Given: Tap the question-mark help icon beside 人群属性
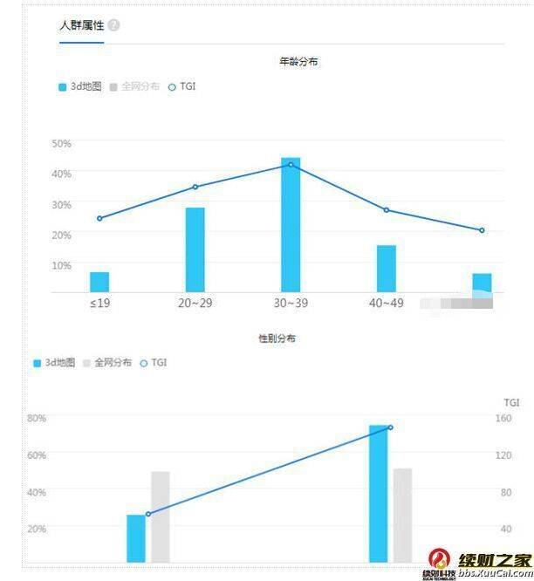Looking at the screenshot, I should pos(114,25).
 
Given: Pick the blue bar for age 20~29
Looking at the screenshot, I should pos(195,249).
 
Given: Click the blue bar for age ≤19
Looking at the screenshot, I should pos(99,282).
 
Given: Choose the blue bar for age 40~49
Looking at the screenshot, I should pos(387,269).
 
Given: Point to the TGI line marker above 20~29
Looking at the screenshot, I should pos(195,187).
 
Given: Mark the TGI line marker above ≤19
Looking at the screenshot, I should pos(99,218).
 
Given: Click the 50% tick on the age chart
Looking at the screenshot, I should pos(61,143).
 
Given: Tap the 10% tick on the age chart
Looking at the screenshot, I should pos(61,265).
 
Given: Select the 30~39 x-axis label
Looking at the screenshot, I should pos(291,304).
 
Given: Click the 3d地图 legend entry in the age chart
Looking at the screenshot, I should pos(80,87).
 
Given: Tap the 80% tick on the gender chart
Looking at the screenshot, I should pos(36,418).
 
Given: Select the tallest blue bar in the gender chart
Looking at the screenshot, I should pos(379,494).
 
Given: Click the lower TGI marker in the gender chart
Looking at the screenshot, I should pos(148,514).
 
